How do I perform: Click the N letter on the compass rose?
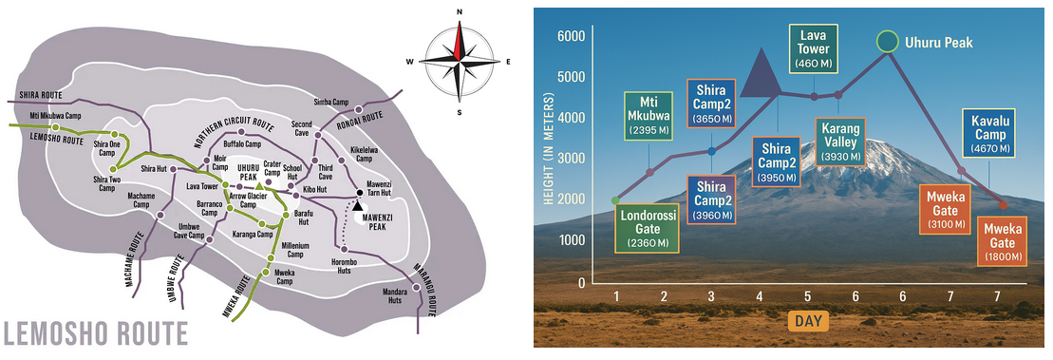tap(460, 12)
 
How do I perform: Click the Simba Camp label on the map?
tap(329, 102)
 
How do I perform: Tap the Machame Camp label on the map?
tap(141, 199)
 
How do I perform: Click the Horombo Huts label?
tap(346, 265)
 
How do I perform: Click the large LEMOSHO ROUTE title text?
tap(95, 334)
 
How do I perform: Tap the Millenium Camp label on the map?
tap(294, 249)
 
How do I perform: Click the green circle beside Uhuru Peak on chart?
tap(888, 41)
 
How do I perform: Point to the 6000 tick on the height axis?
tap(572, 35)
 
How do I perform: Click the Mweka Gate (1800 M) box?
tap(1004, 240)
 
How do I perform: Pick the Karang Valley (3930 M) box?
tap(839, 142)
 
